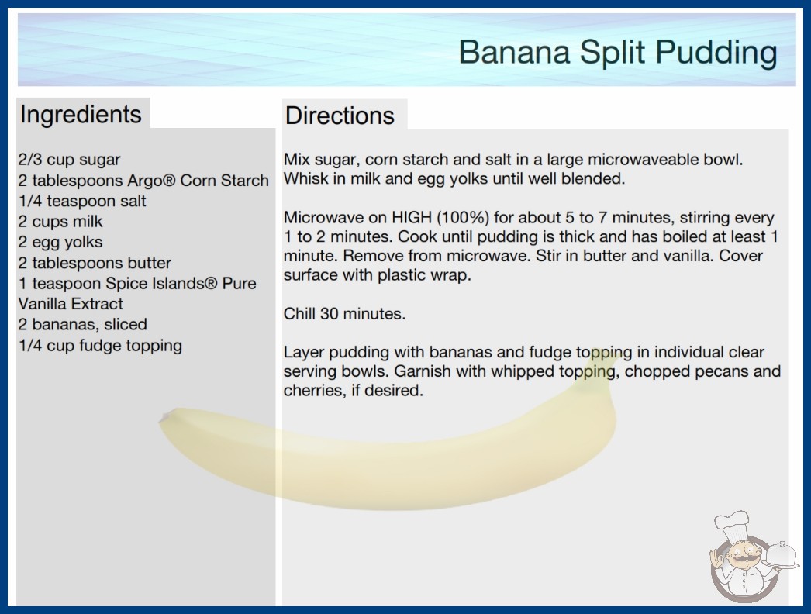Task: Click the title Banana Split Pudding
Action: coord(618,53)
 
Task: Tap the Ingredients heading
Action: coord(81,115)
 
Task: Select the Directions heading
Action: coord(340,116)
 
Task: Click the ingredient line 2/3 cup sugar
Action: coord(69,160)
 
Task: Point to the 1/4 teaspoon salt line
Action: coord(82,201)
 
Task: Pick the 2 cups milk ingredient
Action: coord(60,222)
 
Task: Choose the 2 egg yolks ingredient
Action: coord(60,242)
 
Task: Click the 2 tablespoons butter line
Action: coord(95,263)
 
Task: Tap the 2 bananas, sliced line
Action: coord(83,324)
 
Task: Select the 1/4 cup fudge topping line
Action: coord(100,346)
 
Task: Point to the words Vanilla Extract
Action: coord(71,304)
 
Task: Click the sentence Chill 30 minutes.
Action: coord(344,313)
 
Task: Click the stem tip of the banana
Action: coord(164,416)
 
